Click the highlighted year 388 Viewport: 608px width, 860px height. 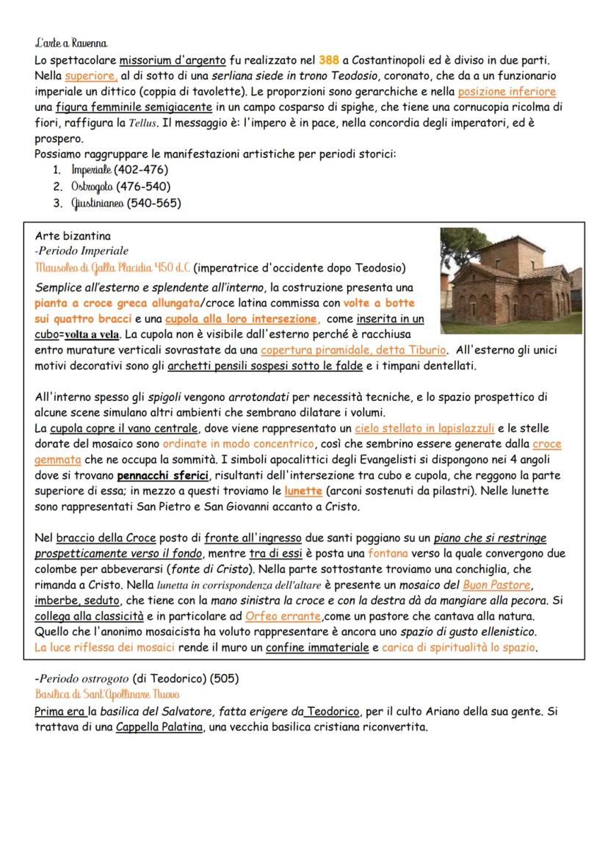(330, 59)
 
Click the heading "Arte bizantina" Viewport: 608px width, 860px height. (73, 236)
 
